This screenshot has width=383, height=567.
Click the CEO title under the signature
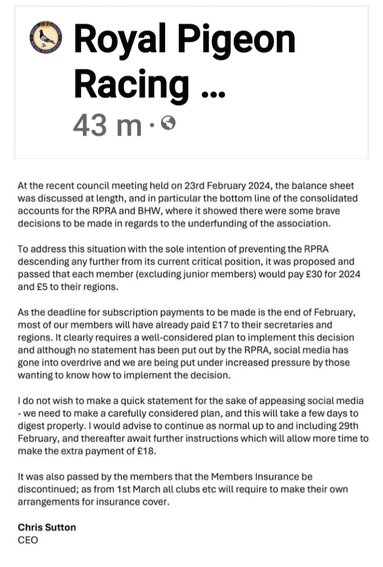tap(27, 539)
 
